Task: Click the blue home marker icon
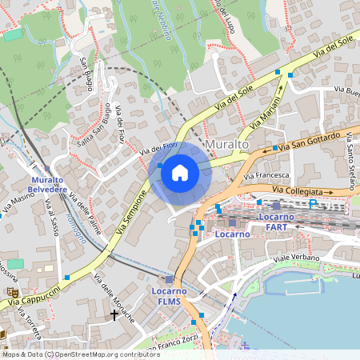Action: (x=180, y=172)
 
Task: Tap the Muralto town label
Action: (x=227, y=145)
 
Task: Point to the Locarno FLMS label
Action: (x=169, y=296)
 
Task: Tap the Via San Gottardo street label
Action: (x=314, y=144)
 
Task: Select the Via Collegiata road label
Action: (x=302, y=192)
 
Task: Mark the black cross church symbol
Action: (x=114, y=315)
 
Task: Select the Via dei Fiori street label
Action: (x=158, y=147)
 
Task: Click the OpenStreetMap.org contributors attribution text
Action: (x=107, y=354)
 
